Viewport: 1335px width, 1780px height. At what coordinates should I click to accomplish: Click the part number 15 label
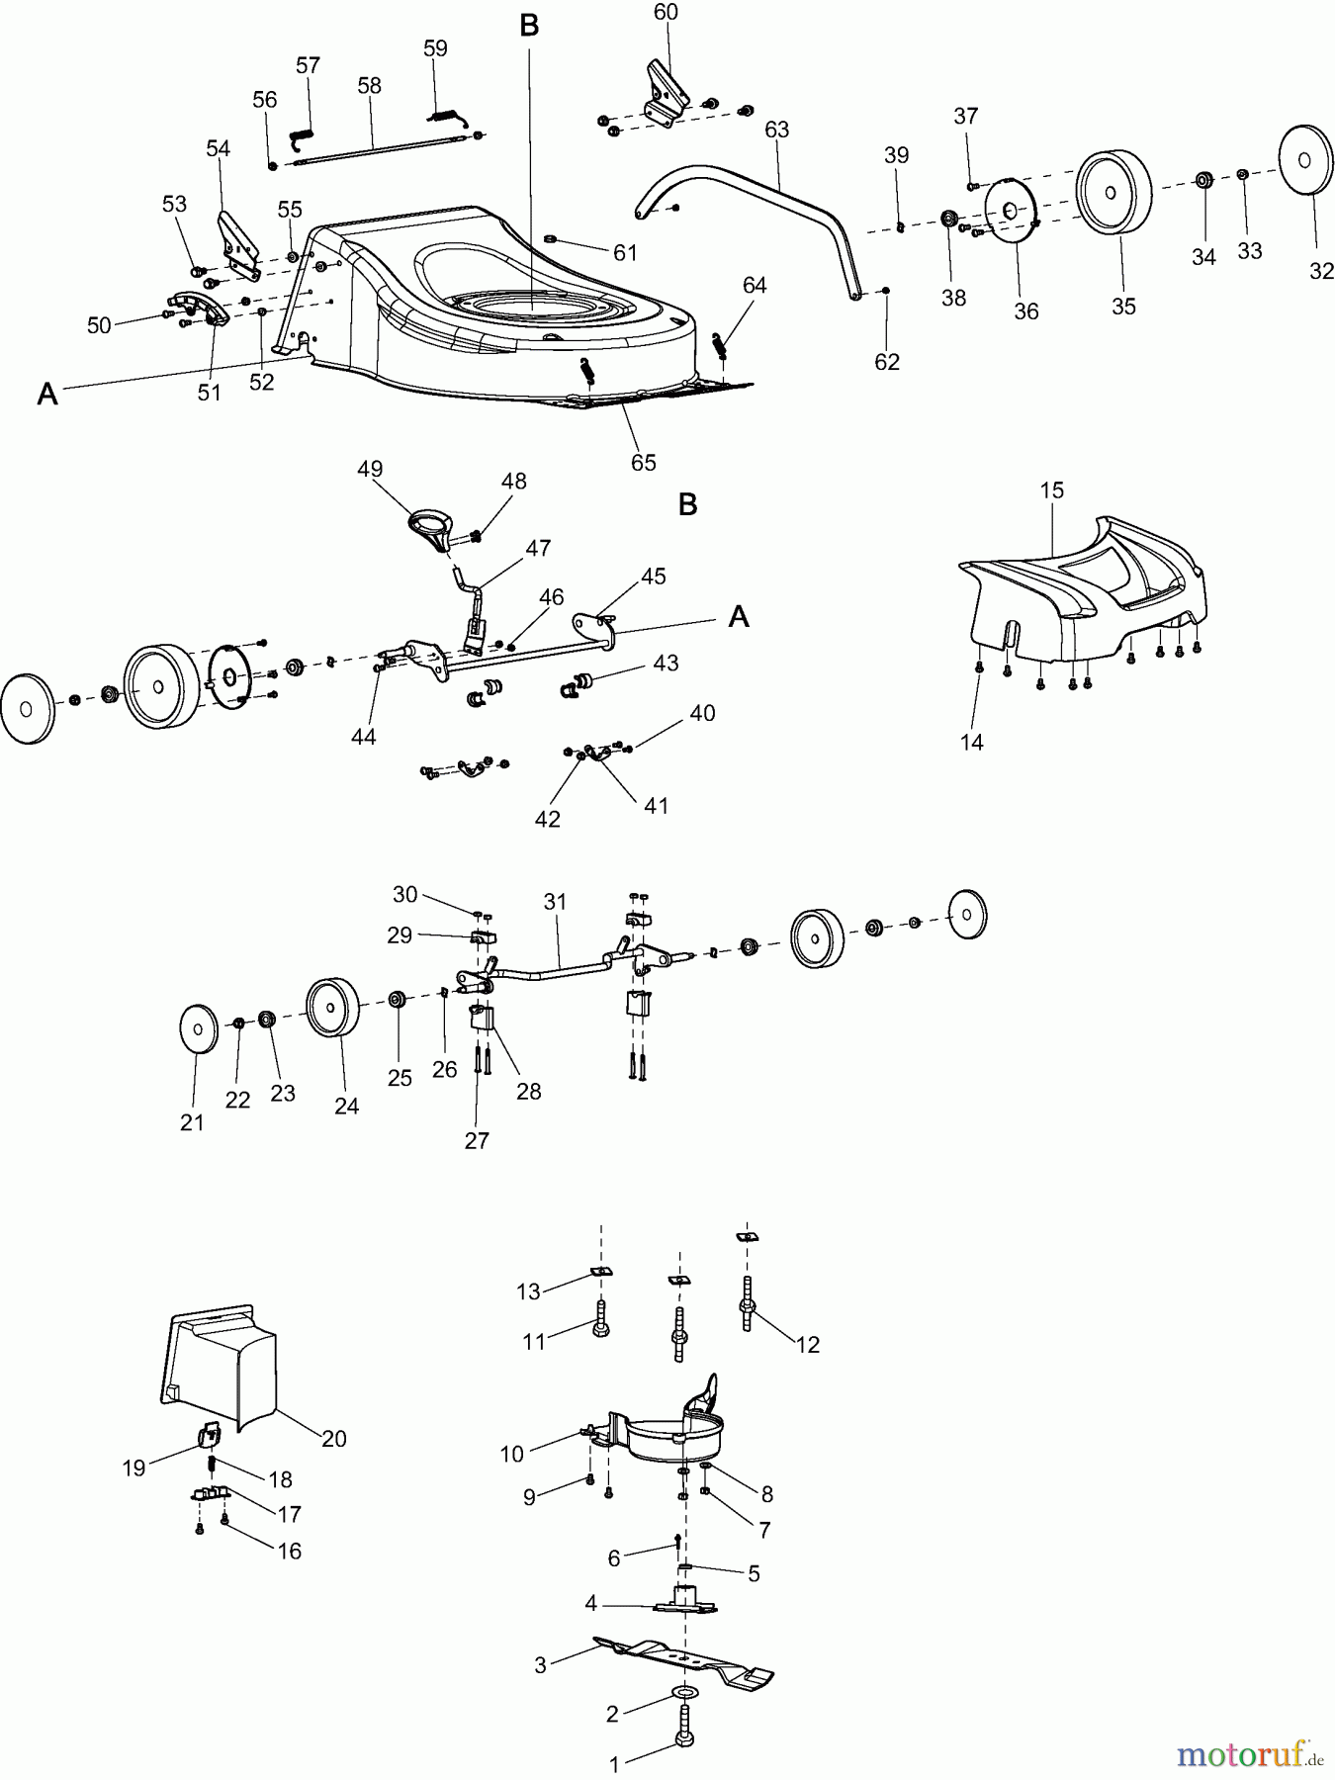1051,489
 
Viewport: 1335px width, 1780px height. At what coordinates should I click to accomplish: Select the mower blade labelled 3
682,1661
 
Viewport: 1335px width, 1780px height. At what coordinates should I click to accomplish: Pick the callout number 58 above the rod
369,86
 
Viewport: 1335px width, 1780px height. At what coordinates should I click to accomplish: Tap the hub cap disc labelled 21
198,1030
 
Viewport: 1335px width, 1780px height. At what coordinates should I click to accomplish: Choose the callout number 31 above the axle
555,902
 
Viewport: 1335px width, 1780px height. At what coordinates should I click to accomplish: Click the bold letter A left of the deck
47,395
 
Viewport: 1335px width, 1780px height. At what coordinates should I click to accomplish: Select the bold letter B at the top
529,27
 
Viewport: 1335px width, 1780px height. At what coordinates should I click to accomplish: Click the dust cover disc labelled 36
1011,212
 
